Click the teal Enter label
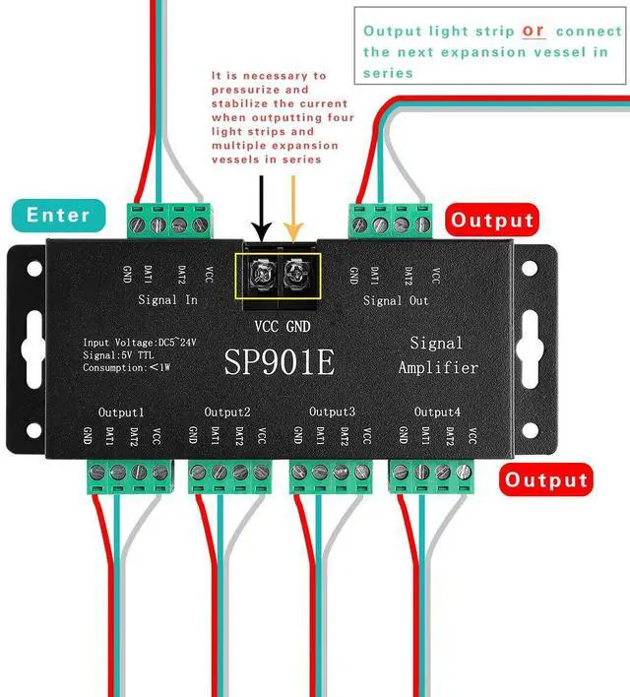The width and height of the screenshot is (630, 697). coord(58,214)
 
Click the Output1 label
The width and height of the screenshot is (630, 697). coord(121,412)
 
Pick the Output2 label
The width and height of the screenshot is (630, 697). coord(227,412)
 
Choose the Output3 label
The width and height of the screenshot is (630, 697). coord(332,412)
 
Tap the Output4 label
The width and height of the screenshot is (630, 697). coord(437,412)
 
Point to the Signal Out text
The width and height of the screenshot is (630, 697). coord(396,299)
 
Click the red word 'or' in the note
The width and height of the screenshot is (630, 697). coord(534,31)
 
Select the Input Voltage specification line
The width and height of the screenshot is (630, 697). coord(140,342)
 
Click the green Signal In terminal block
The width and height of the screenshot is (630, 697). coord(169,221)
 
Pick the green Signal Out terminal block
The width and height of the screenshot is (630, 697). coord(391,221)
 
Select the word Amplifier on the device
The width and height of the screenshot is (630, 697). coord(438,367)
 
